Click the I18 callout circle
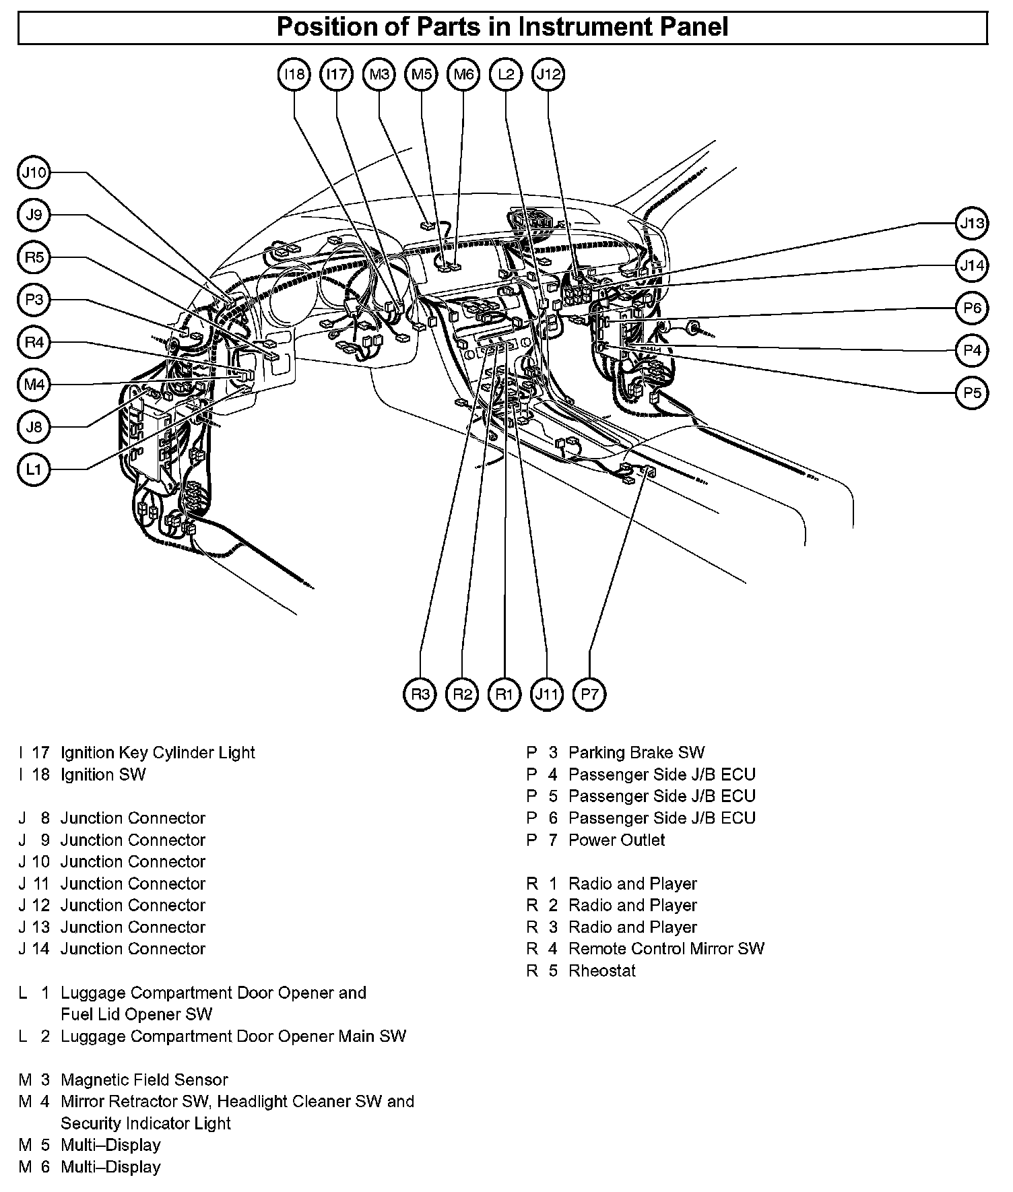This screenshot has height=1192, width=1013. point(294,74)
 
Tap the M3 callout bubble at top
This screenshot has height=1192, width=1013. point(379,74)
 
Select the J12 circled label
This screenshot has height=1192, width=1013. point(548,74)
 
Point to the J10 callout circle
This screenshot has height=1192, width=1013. point(34,173)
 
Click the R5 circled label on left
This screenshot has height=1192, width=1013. point(34,257)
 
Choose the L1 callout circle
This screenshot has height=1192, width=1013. point(34,469)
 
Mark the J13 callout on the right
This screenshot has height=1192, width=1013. point(972,223)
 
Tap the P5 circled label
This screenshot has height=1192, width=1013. point(972,393)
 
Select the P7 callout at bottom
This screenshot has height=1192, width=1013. point(589,694)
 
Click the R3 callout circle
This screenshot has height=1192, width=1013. point(420,694)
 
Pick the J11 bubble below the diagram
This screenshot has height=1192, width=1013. point(546,694)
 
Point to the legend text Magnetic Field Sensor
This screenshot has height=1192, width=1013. point(144,1080)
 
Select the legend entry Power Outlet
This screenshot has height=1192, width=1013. point(616,840)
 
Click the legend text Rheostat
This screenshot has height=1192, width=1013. point(602,970)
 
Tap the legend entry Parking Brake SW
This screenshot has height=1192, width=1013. point(636,752)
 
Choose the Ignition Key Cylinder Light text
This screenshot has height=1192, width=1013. point(158,752)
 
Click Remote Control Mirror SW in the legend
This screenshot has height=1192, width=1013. point(666,948)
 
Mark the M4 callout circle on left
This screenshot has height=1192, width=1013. point(34,385)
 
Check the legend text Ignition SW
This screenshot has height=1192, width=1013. point(103,774)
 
